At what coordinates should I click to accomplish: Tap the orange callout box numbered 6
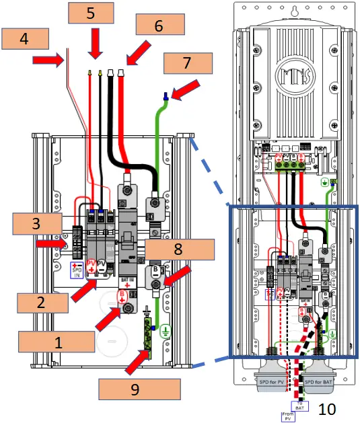159,25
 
